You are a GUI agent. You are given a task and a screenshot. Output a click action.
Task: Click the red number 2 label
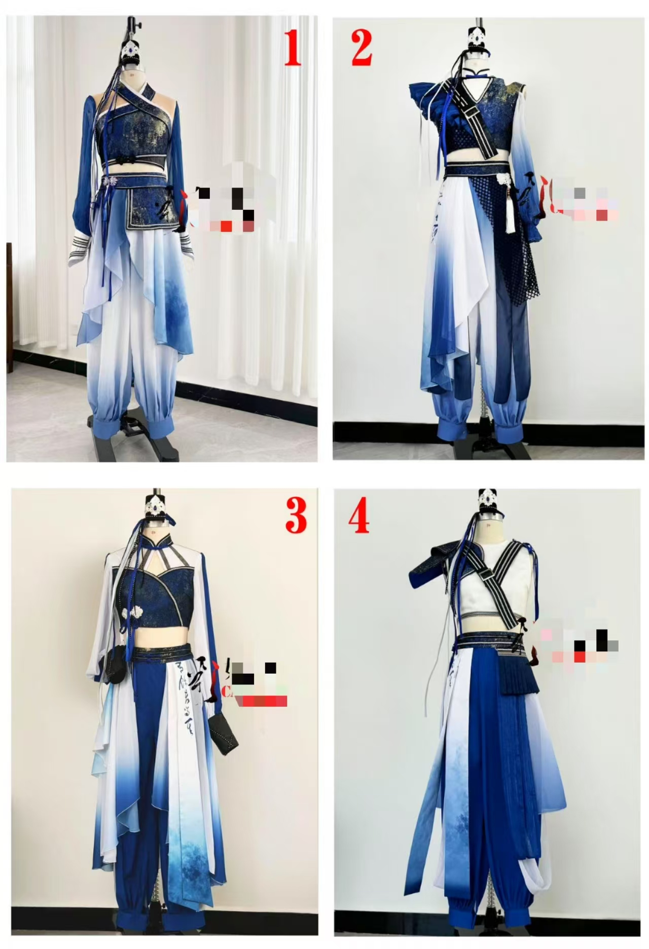[362, 48]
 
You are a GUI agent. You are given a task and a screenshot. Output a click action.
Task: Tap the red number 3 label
[296, 514]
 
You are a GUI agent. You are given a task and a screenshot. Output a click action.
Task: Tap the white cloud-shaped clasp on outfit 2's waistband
[503, 179]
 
